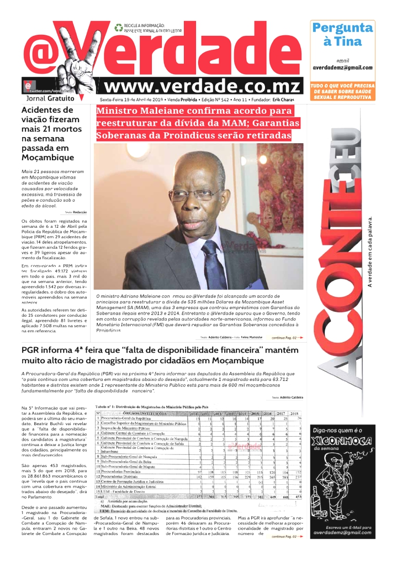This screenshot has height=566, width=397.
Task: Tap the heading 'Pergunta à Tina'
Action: click(342, 34)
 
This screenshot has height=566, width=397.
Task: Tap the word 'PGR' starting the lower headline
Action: click(32, 350)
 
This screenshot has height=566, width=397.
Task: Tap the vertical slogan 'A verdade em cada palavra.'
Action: click(370, 251)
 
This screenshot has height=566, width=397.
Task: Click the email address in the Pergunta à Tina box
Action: click(342, 67)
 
